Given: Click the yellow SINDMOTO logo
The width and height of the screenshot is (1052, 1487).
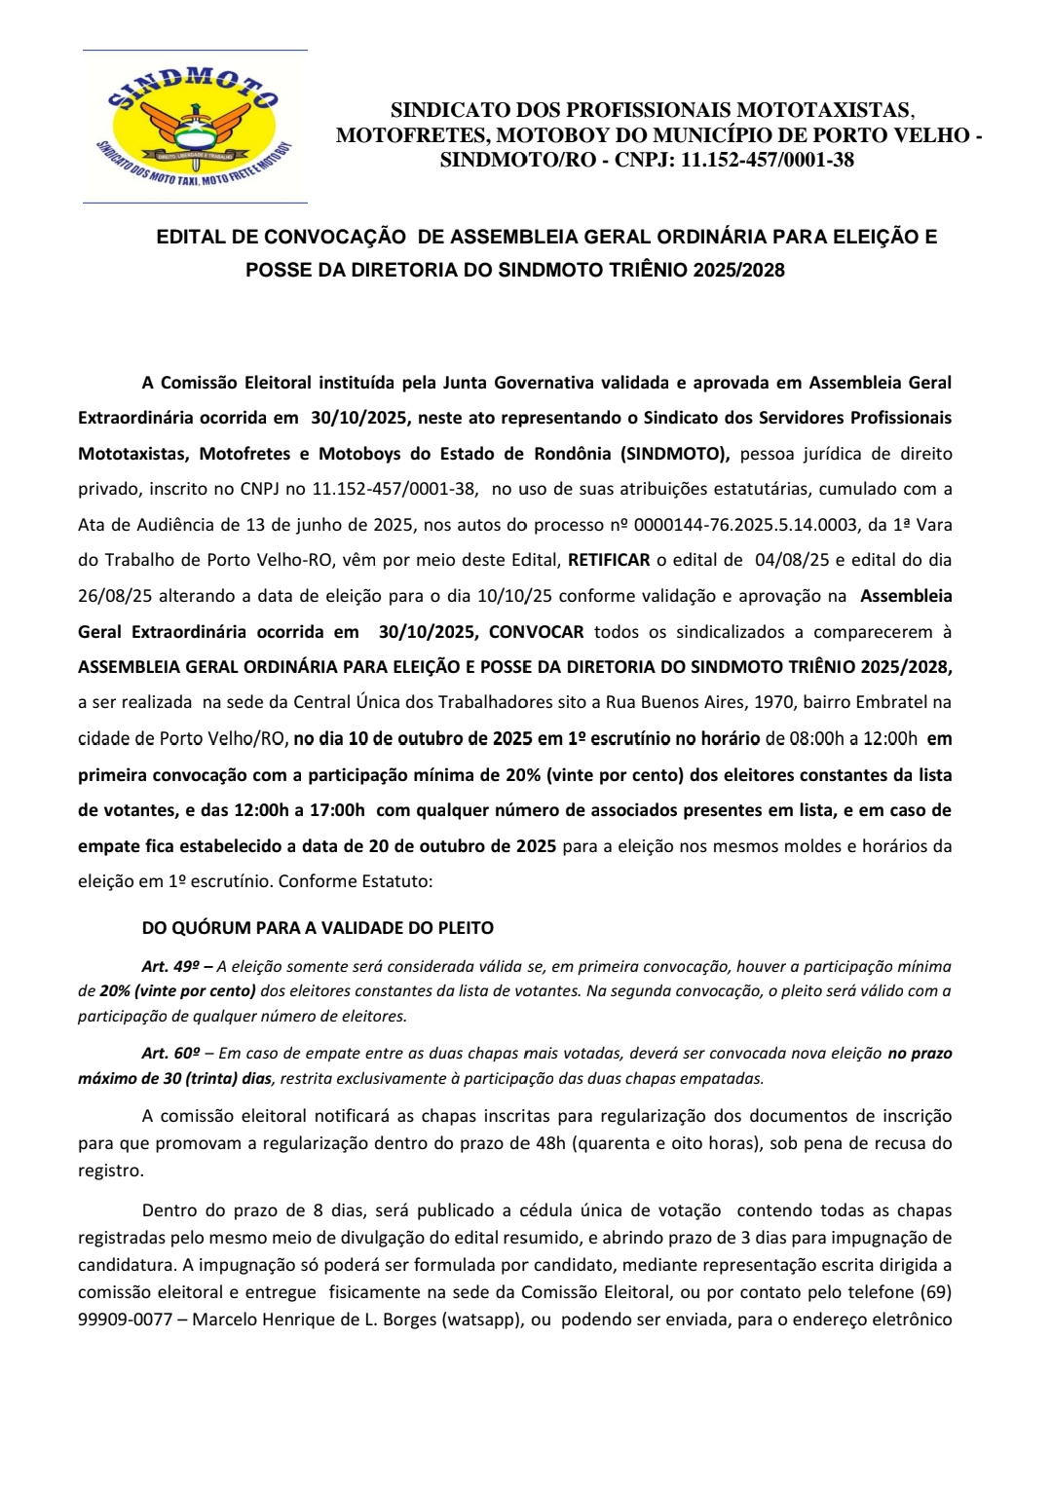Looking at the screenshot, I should [195, 127].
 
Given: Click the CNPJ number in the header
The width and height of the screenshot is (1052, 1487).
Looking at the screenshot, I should [767, 161].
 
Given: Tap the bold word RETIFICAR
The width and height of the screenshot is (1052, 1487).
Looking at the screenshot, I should [609, 560].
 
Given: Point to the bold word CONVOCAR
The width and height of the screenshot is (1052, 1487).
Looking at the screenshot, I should [536, 632].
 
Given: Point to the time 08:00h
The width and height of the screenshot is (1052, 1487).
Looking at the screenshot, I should [816, 738].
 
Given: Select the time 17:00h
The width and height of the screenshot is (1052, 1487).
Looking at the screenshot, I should [331, 810].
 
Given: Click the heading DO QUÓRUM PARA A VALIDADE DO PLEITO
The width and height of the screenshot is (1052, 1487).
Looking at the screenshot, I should [318, 928].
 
